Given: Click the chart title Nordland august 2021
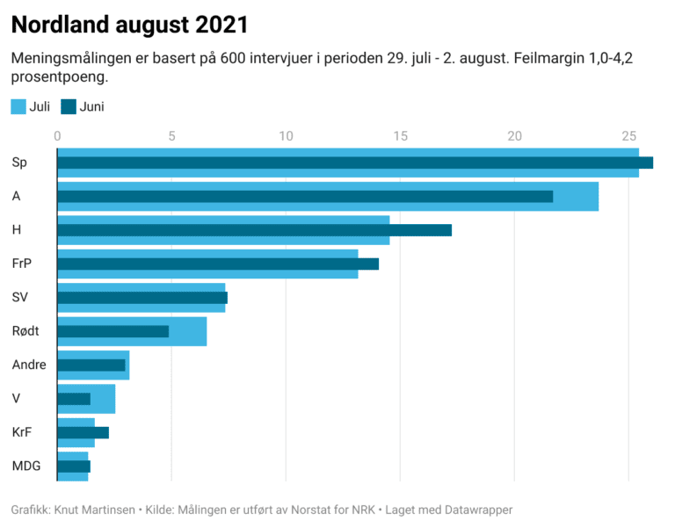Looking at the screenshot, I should coord(129,25).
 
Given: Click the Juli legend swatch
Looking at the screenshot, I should coord(18,107).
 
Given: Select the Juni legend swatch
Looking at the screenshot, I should coord(69,107).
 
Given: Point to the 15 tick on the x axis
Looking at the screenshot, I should coord(400,135).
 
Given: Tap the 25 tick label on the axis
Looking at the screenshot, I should coord(628,135).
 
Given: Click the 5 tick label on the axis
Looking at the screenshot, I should coord(171,135).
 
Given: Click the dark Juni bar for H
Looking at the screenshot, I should coord(254,230).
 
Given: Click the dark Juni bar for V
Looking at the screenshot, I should coord(74,399).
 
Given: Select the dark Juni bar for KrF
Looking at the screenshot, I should coord(83,432).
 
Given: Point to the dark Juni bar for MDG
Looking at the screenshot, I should coord(74,467).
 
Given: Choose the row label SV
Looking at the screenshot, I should coord(20,297).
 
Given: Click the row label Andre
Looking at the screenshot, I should coord(29,365).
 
